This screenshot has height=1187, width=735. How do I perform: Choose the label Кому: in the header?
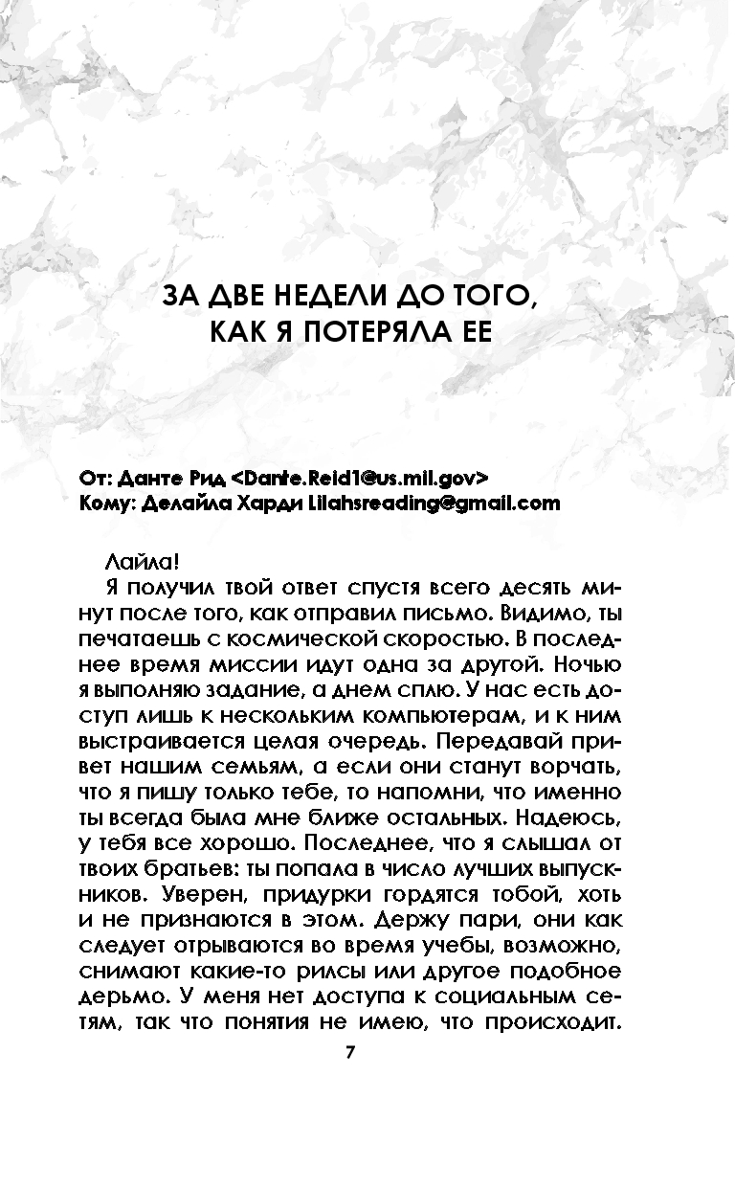[108, 504]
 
